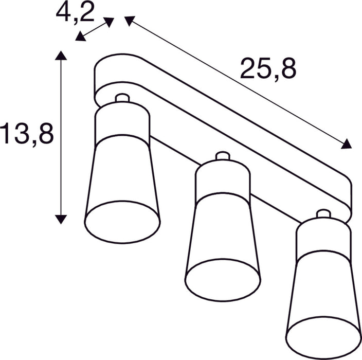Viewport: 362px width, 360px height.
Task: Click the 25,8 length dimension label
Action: pyautogui.click(x=268, y=68)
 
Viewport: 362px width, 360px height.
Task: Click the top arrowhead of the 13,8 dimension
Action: pyautogui.click(x=61, y=56)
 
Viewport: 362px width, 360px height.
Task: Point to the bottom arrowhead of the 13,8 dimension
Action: pyautogui.click(x=61, y=219)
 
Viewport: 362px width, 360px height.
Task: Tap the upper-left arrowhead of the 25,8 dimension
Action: pyautogui.click(x=129, y=21)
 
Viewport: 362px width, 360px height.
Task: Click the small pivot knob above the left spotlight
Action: pyautogui.click(x=122, y=98)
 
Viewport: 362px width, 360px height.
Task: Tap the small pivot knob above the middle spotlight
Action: pyautogui.click(x=222, y=156)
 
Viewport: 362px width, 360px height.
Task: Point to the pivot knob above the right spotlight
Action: pyautogui.click(x=323, y=213)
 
